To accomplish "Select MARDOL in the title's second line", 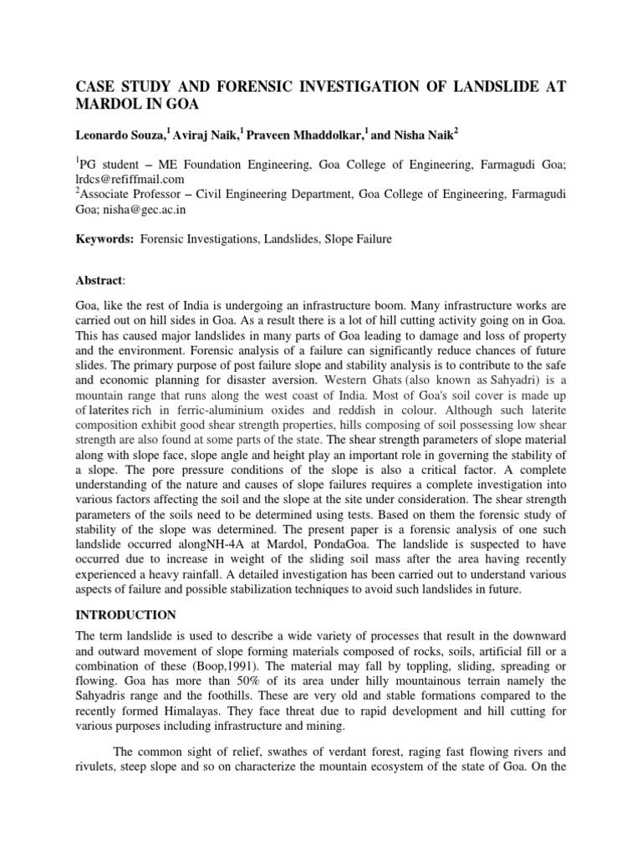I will click(110, 106).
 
